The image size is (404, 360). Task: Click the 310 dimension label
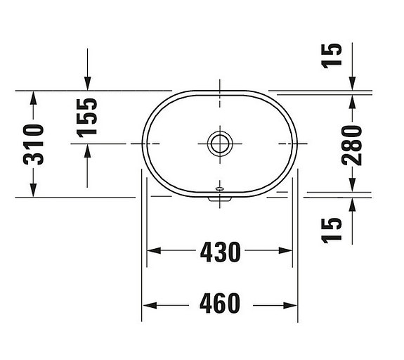click(33, 144)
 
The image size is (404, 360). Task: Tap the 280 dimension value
click(352, 144)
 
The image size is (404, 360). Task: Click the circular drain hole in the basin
click(219, 143)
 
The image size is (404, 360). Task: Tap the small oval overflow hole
click(219, 189)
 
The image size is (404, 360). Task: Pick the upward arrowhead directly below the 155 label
click(87, 150)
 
